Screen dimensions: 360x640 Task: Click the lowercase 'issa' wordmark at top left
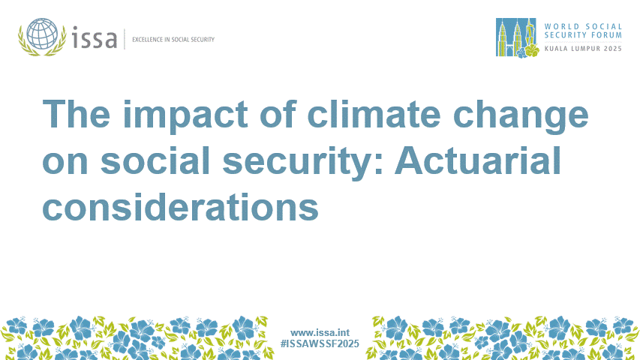[95, 37]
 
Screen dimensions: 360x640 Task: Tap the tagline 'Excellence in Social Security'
[173, 39]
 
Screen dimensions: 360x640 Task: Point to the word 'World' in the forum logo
[563, 24]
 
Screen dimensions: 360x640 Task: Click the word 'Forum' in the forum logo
[607, 35]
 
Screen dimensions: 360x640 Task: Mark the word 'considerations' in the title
[180, 205]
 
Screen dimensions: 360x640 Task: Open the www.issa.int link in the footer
[320, 331]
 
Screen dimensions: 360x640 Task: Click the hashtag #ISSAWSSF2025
[320, 343]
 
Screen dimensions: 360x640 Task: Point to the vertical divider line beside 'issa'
[124, 38]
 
